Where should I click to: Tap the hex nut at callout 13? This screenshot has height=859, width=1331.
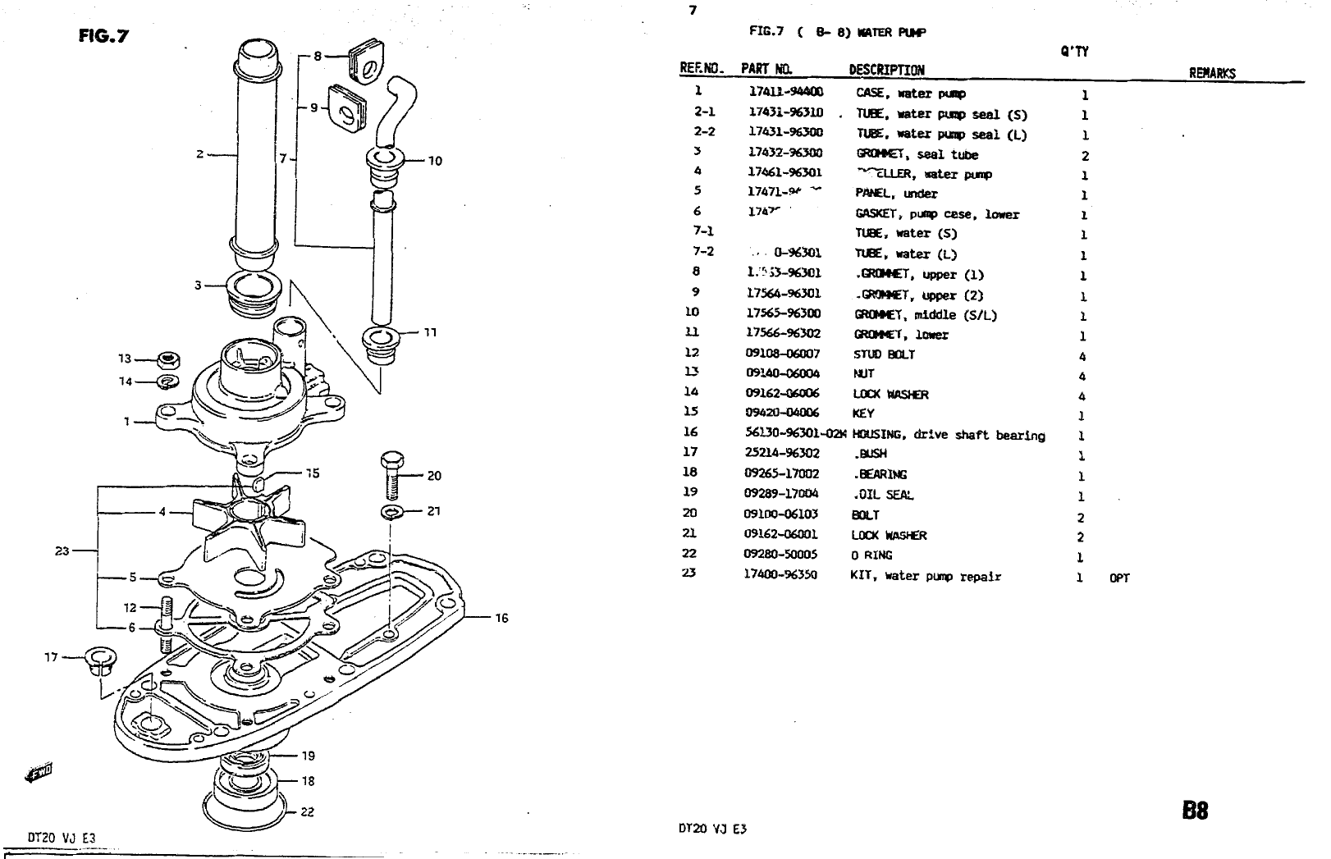pos(170,359)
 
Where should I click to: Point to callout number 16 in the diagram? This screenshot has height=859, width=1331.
pos(501,618)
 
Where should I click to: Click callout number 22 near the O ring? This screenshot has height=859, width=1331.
pos(307,812)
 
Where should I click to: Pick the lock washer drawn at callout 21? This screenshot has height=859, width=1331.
pos(393,513)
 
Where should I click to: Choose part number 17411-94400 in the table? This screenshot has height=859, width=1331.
pos(785,93)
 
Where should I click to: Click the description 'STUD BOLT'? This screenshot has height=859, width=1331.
pos(883,354)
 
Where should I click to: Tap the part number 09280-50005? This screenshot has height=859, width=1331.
pos(780,555)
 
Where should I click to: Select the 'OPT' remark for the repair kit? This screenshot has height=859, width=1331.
pos(1119,578)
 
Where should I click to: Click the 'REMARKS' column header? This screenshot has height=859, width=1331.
pos(1211,73)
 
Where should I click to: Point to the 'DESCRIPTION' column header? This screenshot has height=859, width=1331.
pos(886,70)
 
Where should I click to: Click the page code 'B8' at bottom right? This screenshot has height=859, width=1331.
pos(1194,811)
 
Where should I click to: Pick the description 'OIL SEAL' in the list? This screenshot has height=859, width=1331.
pos(884,495)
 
